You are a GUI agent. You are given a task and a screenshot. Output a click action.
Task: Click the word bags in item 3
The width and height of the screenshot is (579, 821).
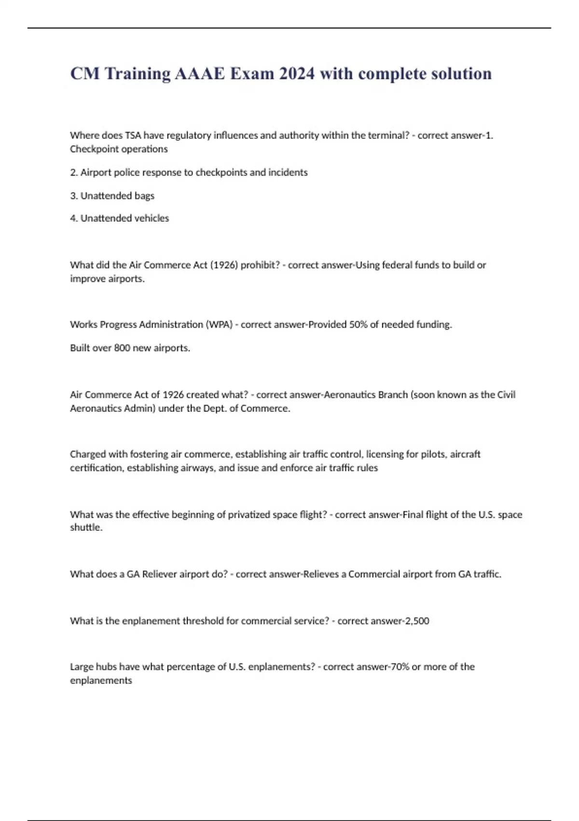pos(145,196)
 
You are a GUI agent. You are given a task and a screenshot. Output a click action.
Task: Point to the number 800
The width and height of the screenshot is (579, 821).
pos(122,348)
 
